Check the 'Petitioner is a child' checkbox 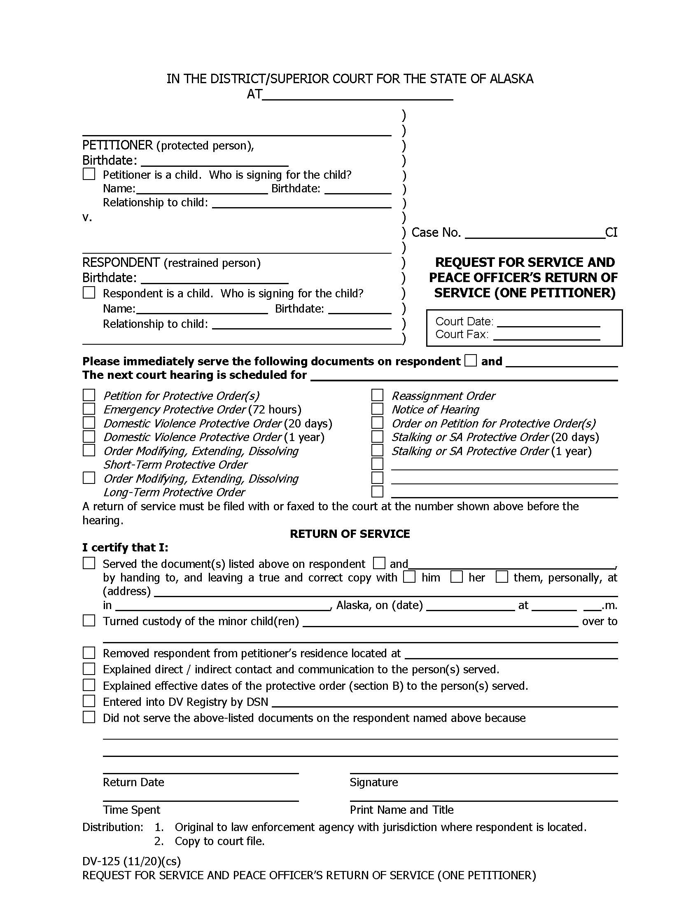[89, 174]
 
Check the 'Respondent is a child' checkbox [89, 292]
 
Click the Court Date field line [548, 323]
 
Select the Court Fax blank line [546, 336]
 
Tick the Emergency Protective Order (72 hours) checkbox [89, 409]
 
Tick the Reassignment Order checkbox [377, 395]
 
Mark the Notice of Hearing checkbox [377, 409]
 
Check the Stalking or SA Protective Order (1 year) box [377, 450]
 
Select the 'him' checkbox [409, 577]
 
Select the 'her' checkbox [457, 577]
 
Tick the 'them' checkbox [502, 577]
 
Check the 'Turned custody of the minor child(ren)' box [89, 621]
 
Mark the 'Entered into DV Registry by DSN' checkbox [89, 701]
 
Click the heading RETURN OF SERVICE [350, 534]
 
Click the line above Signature [483, 773]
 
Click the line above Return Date [200, 773]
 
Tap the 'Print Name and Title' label [401, 810]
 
